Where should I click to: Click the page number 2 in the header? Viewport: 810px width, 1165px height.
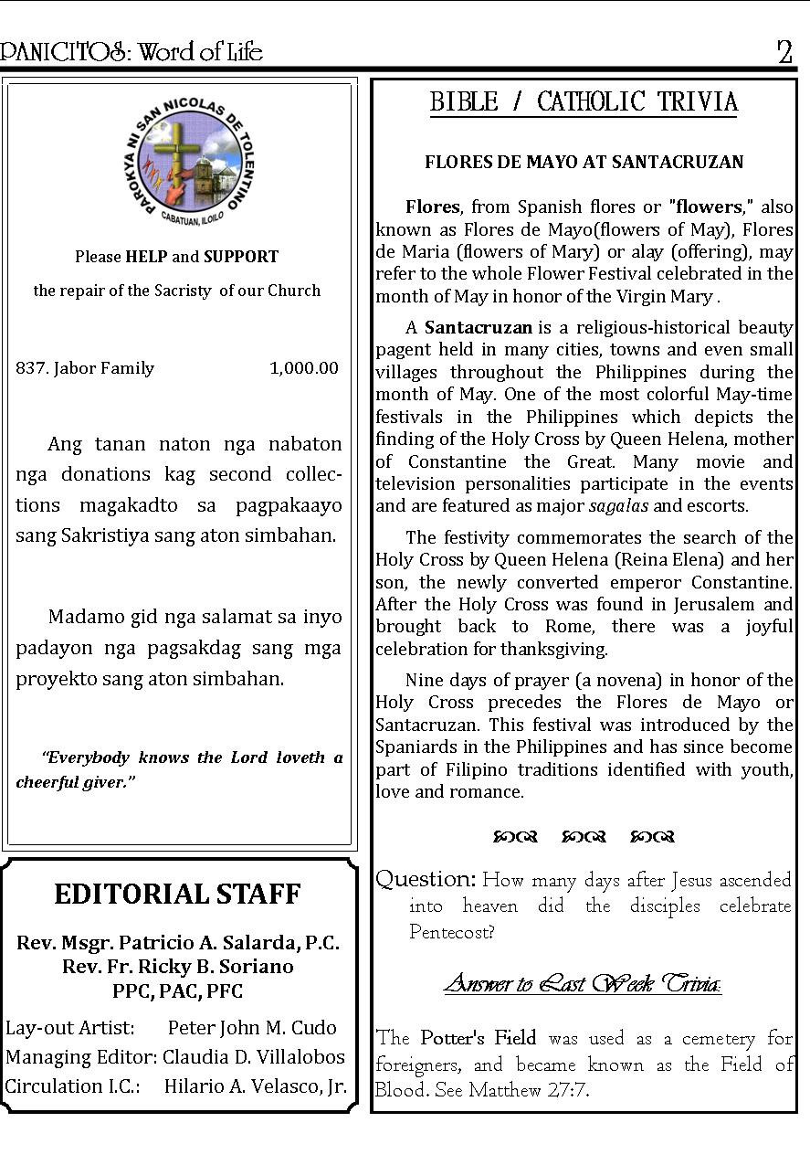point(784,53)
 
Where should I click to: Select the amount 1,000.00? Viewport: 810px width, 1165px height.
point(303,368)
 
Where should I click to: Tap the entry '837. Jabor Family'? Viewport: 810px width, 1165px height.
point(85,368)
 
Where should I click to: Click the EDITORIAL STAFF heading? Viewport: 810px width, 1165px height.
point(177,894)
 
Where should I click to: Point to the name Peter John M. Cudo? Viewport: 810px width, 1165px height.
point(252,1027)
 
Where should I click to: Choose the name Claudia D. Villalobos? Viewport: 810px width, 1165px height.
point(254,1057)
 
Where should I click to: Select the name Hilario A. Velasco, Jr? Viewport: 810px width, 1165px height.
point(255,1086)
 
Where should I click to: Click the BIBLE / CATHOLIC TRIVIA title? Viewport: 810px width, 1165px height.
point(584,101)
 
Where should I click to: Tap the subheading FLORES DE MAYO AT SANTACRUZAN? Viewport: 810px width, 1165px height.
point(584,163)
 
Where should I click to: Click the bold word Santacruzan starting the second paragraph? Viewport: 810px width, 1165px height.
point(479,327)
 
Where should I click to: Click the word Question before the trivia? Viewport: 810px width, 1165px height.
point(426,879)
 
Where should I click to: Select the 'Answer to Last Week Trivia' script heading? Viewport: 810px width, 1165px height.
point(583,984)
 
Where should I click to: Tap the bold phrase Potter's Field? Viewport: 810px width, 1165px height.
point(478,1038)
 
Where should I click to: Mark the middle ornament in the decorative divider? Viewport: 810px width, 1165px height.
point(584,836)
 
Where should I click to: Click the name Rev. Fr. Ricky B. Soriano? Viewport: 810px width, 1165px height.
point(177,967)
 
